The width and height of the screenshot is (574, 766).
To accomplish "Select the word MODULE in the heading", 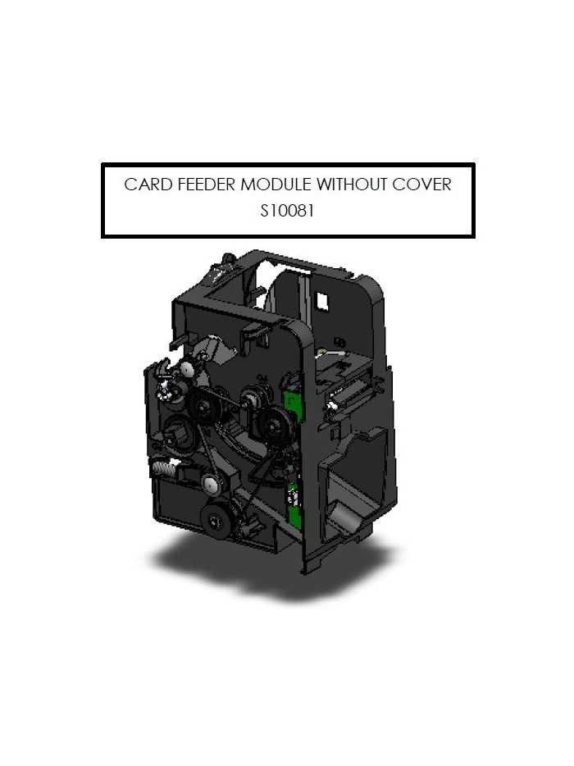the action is click(276, 185).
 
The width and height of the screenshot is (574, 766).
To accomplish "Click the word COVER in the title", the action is click(421, 185).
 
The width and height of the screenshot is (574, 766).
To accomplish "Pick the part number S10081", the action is click(287, 211).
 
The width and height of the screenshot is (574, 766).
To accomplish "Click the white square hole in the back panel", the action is click(322, 300).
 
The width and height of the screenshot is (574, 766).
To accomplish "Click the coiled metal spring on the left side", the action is click(163, 469).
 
